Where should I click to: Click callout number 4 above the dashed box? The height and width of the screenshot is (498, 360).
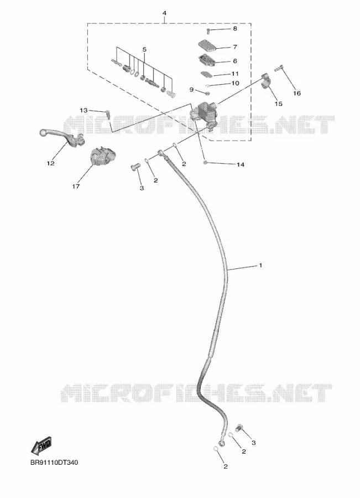pyautogui.click(x=164, y=13)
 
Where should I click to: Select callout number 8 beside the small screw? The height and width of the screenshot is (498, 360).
pyautogui.click(x=235, y=29)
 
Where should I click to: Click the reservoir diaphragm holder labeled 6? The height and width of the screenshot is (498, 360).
pyautogui.click(x=207, y=60)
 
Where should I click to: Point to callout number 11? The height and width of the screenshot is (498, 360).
pyautogui.click(x=235, y=74)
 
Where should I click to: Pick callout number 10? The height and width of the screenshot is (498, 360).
pyautogui.click(x=235, y=83)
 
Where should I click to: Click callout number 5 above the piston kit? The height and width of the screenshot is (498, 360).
pyautogui.click(x=144, y=50)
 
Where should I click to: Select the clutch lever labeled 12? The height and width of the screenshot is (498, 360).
pyautogui.click(x=62, y=138)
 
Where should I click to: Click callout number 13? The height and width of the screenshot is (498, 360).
pyautogui.click(x=84, y=110)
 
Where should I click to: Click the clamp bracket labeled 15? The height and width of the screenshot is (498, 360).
pyautogui.click(x=267, y=82)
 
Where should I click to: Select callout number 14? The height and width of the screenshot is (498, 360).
pyautogui.click(x=241, y=164)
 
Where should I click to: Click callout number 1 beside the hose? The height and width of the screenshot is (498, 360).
pyautogui.click(x=260, y=265)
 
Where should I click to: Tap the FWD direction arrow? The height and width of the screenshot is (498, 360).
pyautogui.click(x=41, y=445)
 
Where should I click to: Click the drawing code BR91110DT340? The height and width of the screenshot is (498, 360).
pyautogui.click(x=54, y=463)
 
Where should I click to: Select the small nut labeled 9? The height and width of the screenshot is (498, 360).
pyautogui.click(x=207, y=94)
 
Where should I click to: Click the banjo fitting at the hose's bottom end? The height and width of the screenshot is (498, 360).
pyautogui.click(x=222, y=443)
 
